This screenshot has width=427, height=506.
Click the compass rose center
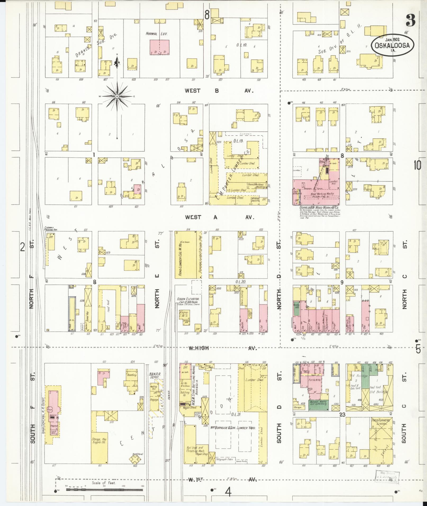coord(117,97)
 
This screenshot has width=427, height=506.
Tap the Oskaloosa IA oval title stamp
coord(392,45)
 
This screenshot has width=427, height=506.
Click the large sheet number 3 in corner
coord(410,20)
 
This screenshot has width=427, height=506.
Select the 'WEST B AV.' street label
coord(219,91)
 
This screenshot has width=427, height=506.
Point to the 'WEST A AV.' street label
coord(220,217)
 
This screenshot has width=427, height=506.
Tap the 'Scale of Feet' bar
coord(104,490)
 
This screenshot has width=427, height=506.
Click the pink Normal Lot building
coord(159,47)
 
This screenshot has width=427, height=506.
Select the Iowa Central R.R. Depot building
coord(54,413)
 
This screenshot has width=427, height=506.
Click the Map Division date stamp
coord(387,478)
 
